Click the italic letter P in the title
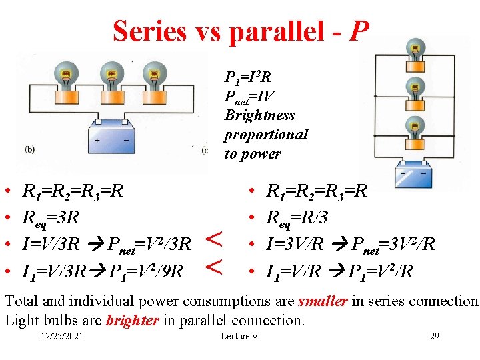click(359, 31)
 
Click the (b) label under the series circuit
click(30, 149)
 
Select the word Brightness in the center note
click(259, 115)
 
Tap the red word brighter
click(131, 320)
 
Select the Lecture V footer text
click(239, 336)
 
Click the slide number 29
click(434, 336)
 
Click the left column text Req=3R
click(51, 218)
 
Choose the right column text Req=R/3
click(297, 218)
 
